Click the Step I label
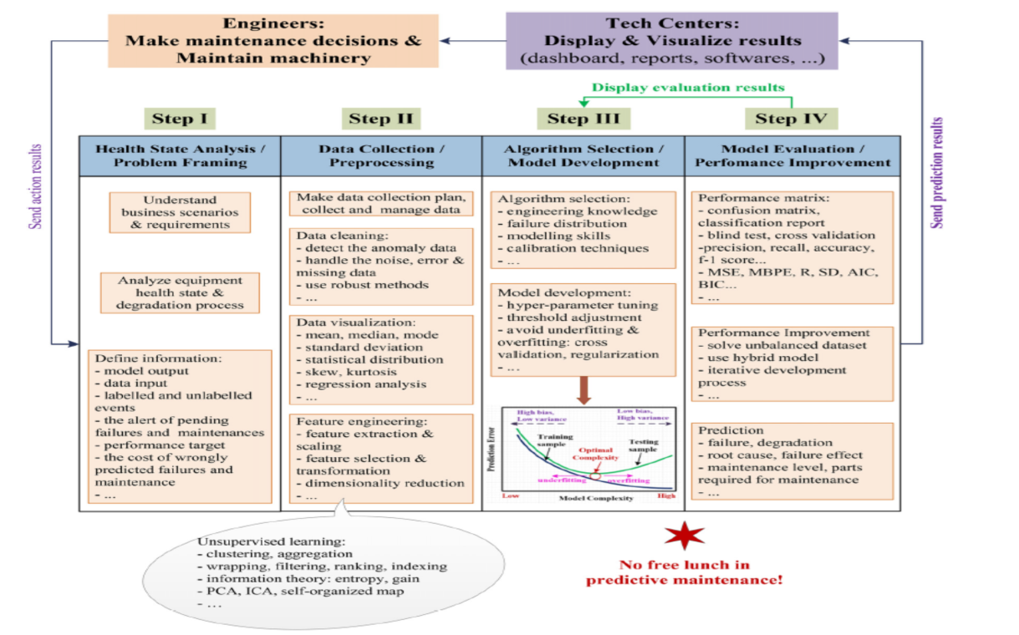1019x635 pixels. (x=179, y=118)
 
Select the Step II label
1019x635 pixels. (x=380, y=118)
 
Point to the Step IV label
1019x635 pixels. (x=785, y=118)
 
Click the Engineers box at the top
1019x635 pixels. (x=273, y=39)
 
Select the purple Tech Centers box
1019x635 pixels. (x=672, y=39)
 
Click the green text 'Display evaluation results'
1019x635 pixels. (x=688, y=87)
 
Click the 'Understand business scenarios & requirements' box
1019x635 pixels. (x=180, y=212)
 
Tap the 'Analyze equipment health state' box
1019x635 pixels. (x=180, y=292)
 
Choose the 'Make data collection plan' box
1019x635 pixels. (x=381, y=203)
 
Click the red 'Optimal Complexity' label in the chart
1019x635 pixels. (x=596, y=454)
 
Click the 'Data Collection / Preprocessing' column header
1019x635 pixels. (x=381, y=155)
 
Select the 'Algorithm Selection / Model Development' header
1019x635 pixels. (x=583, y=155)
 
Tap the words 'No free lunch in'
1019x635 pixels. (x=685, y=565)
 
